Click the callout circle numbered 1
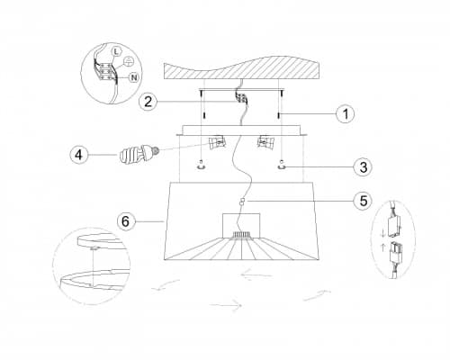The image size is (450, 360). click(x=345, y=114)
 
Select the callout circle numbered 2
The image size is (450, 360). click(x=148, y=102)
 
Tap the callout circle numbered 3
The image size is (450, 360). click(x=364, y=166)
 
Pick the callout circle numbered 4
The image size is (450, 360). click(x=78, y=155)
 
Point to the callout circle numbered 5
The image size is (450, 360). click(x=364, y=201)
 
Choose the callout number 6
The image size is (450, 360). click(x=125, y=221)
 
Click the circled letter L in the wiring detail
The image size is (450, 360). click(x=117, y=51)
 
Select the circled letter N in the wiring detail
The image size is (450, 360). click(x=134, y=77)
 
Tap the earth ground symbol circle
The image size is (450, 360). click(x=128, y=61)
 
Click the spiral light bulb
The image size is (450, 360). click(x=139, y=153)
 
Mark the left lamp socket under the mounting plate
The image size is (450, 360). click(x=217, y=142)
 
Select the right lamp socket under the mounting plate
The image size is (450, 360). click(x=265, y=142)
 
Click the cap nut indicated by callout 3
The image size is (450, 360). click(x=282, y=165)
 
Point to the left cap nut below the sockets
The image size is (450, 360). click(x=202, y=166)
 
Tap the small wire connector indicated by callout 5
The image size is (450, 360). click(x=242, y=202)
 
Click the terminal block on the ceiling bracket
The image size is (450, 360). click(x=241, y=98)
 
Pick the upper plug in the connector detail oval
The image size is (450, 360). click(x=394, y=224)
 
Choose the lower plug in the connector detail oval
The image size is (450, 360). click(x=395, y=252)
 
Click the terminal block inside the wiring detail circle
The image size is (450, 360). click(x=106, y=71)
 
